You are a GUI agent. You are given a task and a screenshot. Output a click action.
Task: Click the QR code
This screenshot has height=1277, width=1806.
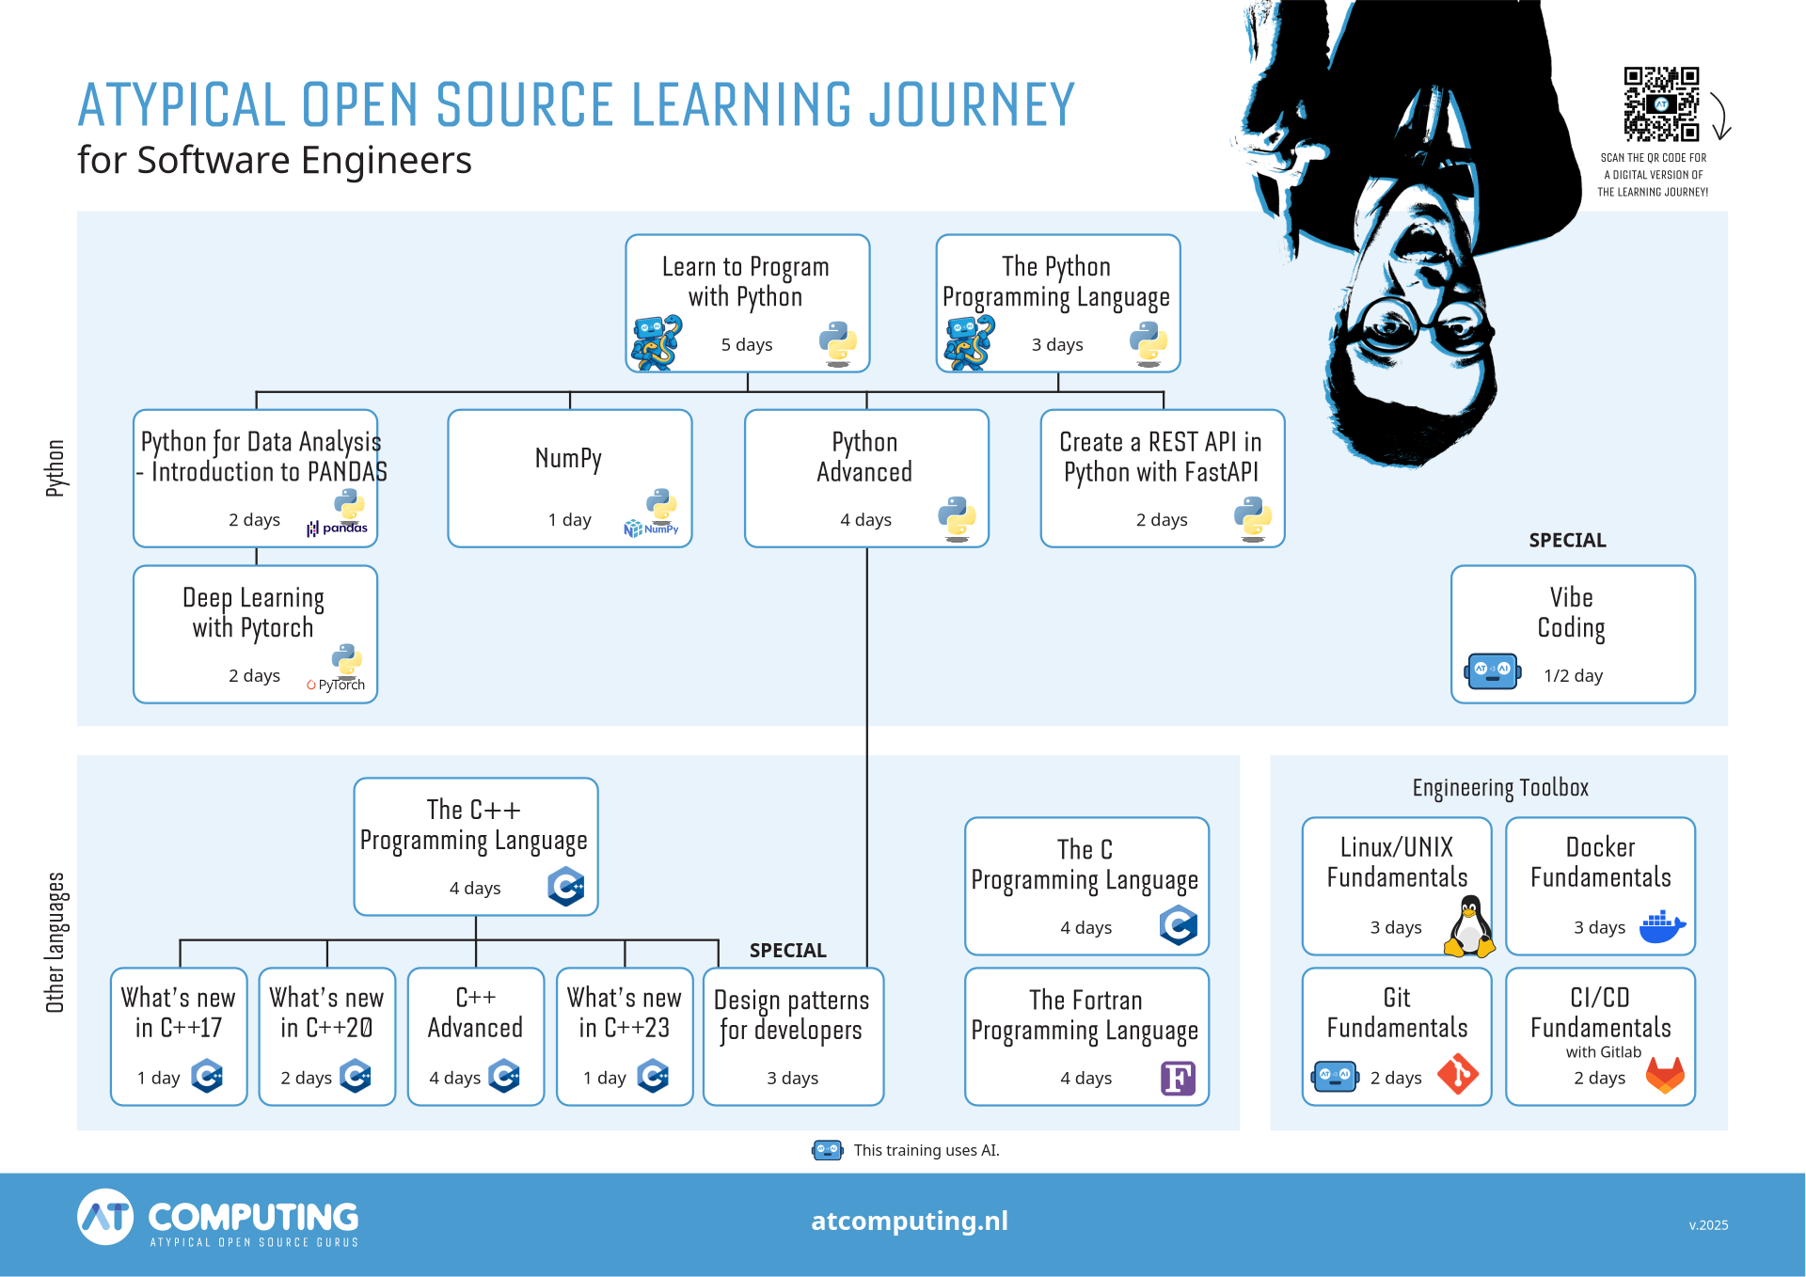[x=1661, y=104]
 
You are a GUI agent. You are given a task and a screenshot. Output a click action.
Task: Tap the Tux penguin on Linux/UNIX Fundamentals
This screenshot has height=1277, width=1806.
[x=1468, y=926]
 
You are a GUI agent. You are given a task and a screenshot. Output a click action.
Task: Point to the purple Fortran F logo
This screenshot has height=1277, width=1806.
[x=1178, y=1078]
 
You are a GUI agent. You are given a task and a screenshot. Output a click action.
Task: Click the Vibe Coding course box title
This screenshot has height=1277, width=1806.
[x=1572, y=612]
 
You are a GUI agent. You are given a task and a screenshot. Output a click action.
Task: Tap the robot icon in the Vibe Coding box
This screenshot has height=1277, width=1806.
[x=1492, y=671]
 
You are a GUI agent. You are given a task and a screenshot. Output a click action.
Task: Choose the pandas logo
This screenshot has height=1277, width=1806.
[x=338, y=528]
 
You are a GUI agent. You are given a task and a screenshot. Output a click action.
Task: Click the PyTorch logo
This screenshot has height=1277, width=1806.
[x=336, y=685]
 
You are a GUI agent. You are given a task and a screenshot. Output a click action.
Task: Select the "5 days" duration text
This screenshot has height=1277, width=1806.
[x=747, y=345]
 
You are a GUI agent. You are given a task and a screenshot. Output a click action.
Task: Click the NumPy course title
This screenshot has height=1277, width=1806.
[x=568, y=458]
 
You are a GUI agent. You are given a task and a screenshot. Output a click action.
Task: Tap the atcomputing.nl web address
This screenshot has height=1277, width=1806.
[x=909, y=1221]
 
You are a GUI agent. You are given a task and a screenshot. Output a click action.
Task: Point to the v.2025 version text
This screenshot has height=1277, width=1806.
[x=1708, y=1225]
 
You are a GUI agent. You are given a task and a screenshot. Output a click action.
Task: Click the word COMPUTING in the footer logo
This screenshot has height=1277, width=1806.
[x=253, y=1217]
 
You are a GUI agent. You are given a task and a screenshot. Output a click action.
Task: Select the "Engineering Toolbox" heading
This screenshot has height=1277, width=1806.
[x=1499, y=788]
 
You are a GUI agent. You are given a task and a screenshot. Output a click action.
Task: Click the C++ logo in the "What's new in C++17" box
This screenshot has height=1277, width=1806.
[x=207, y=1076]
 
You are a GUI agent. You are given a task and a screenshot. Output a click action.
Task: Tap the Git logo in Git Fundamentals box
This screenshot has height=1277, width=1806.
[x=1458, y=1074]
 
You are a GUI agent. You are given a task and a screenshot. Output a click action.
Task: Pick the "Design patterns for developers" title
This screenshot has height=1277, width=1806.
[x=791, y=1015]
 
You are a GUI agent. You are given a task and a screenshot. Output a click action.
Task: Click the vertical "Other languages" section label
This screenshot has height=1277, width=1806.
[x=55, y=942]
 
